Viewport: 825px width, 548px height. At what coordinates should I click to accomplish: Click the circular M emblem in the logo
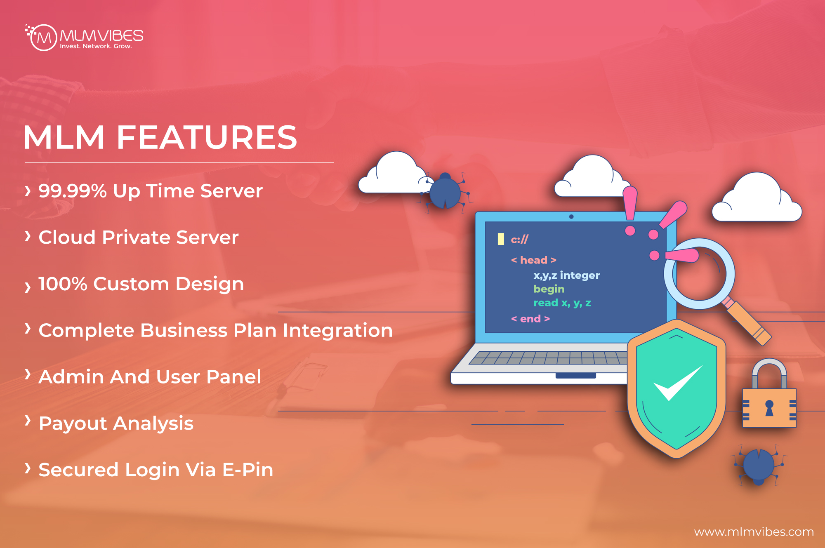coord(43,38)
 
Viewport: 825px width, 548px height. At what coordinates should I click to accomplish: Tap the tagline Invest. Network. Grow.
coord(96,46)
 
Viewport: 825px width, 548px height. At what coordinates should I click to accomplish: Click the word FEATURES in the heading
coord(207,137)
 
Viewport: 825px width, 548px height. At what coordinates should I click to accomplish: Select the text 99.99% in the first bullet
coord(73,191)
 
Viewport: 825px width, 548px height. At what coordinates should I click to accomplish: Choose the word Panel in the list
coord(233,376)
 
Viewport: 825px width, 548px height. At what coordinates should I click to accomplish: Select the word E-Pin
coord(247,470)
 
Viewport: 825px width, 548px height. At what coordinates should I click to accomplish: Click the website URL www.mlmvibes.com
coord(754,532)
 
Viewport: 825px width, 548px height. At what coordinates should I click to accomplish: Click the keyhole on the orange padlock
coord(769,408)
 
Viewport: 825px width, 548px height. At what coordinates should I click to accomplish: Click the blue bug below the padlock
coord(759,466)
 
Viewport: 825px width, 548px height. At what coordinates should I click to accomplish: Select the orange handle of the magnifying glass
coord(747,322)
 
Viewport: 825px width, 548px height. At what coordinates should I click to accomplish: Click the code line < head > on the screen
coord(534,260)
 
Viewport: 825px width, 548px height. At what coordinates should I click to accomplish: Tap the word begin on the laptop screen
coord(549,289)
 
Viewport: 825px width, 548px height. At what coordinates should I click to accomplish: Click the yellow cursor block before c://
coord(501,239)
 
